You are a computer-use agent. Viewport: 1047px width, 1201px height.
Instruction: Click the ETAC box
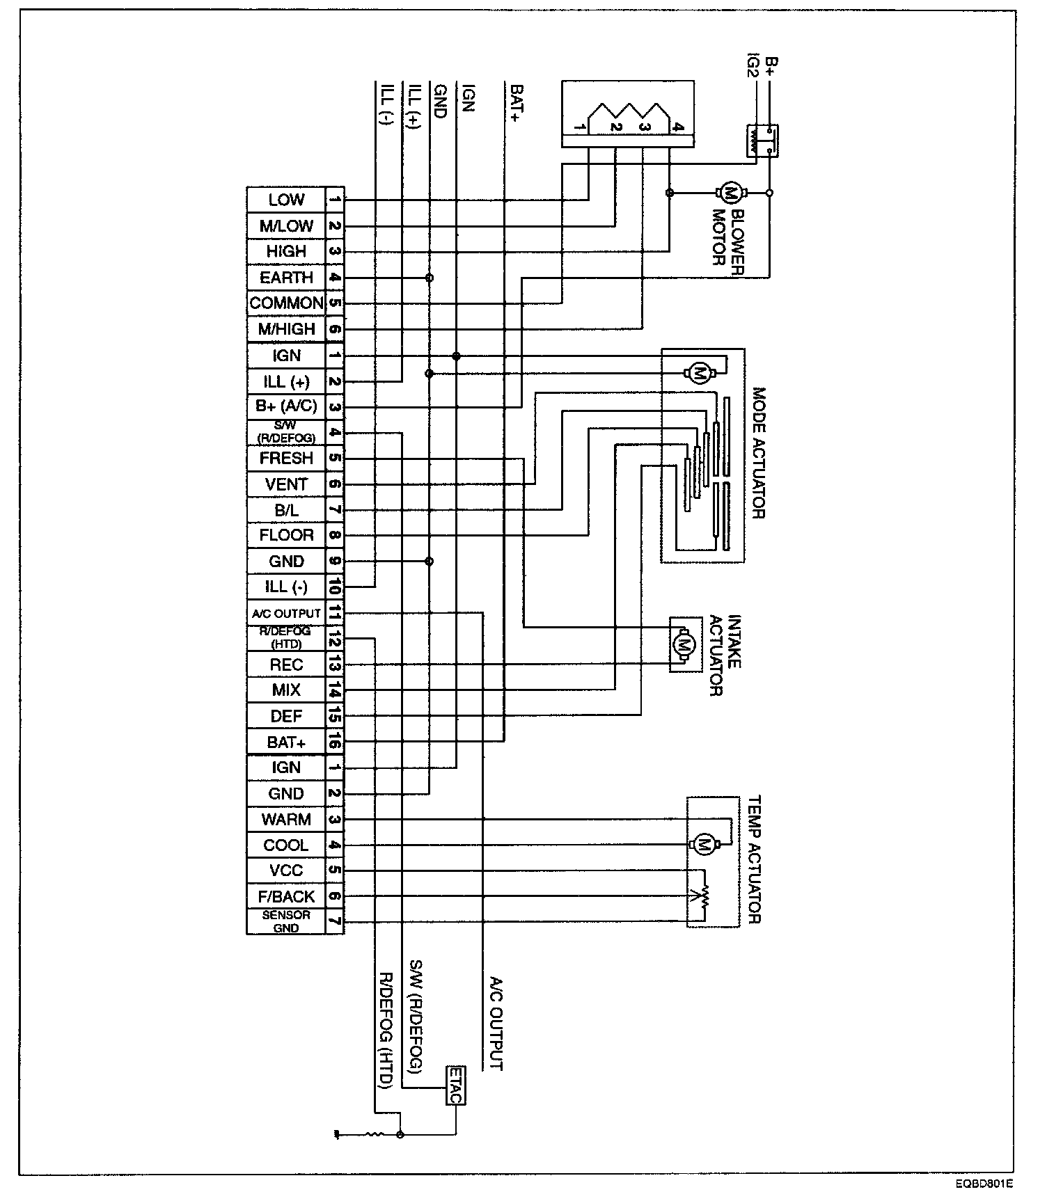pos(455,1085)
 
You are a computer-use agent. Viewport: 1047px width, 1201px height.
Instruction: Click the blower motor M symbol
pos(730,192)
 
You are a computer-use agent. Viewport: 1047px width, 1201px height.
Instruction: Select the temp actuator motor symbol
pos(704,844)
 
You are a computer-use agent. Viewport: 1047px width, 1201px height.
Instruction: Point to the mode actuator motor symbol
pos(698,374)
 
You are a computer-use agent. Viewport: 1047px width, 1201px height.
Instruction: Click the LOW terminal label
pos(286,200)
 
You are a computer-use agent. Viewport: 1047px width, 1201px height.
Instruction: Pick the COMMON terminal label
pos(286,303)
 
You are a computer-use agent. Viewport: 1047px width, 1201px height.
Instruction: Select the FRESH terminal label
pos(286,459)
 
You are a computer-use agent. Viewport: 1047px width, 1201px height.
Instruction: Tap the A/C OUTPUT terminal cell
pos(286,614)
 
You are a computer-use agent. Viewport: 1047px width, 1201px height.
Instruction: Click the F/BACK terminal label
pos(286,896)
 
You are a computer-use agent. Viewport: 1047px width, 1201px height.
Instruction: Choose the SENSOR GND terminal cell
pos(286,921)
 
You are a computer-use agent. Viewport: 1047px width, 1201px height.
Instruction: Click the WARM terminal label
pos(286,820)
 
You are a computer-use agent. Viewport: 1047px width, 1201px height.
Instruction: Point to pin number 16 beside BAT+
pos(334,742)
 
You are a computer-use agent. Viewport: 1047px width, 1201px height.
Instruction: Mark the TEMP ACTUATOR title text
pos(755,860)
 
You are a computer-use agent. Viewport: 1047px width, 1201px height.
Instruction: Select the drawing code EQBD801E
pos(984,1182)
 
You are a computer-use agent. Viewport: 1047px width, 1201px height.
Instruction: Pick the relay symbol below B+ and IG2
pos(762,141)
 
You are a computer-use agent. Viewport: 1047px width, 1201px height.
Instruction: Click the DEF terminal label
pos(286,716)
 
